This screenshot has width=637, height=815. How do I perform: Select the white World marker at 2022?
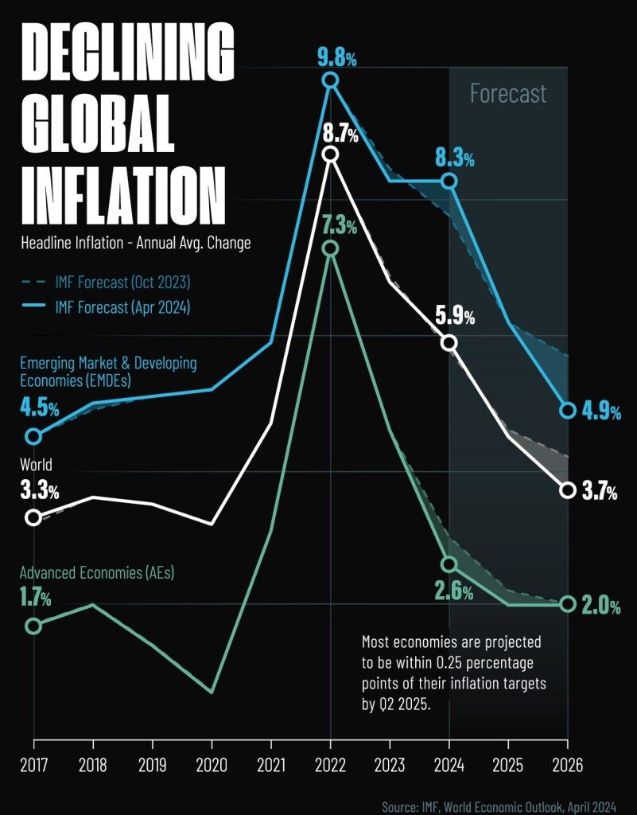point(331,154)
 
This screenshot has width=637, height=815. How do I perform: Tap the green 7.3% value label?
point(340,225)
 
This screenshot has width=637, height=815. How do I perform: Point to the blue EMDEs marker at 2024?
point(449,181)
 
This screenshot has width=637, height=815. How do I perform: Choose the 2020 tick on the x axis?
point(212,765)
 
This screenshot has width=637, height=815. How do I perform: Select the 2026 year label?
point(567,765)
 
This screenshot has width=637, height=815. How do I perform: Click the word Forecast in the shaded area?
point(508,94)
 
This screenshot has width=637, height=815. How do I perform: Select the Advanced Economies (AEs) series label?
point(97,572)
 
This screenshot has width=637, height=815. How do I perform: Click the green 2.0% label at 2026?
point(600,606)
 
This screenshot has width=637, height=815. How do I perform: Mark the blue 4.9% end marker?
point(567,411)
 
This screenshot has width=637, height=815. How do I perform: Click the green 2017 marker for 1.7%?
point(33,626)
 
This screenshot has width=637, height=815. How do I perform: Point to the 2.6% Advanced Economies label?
point(453,591)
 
